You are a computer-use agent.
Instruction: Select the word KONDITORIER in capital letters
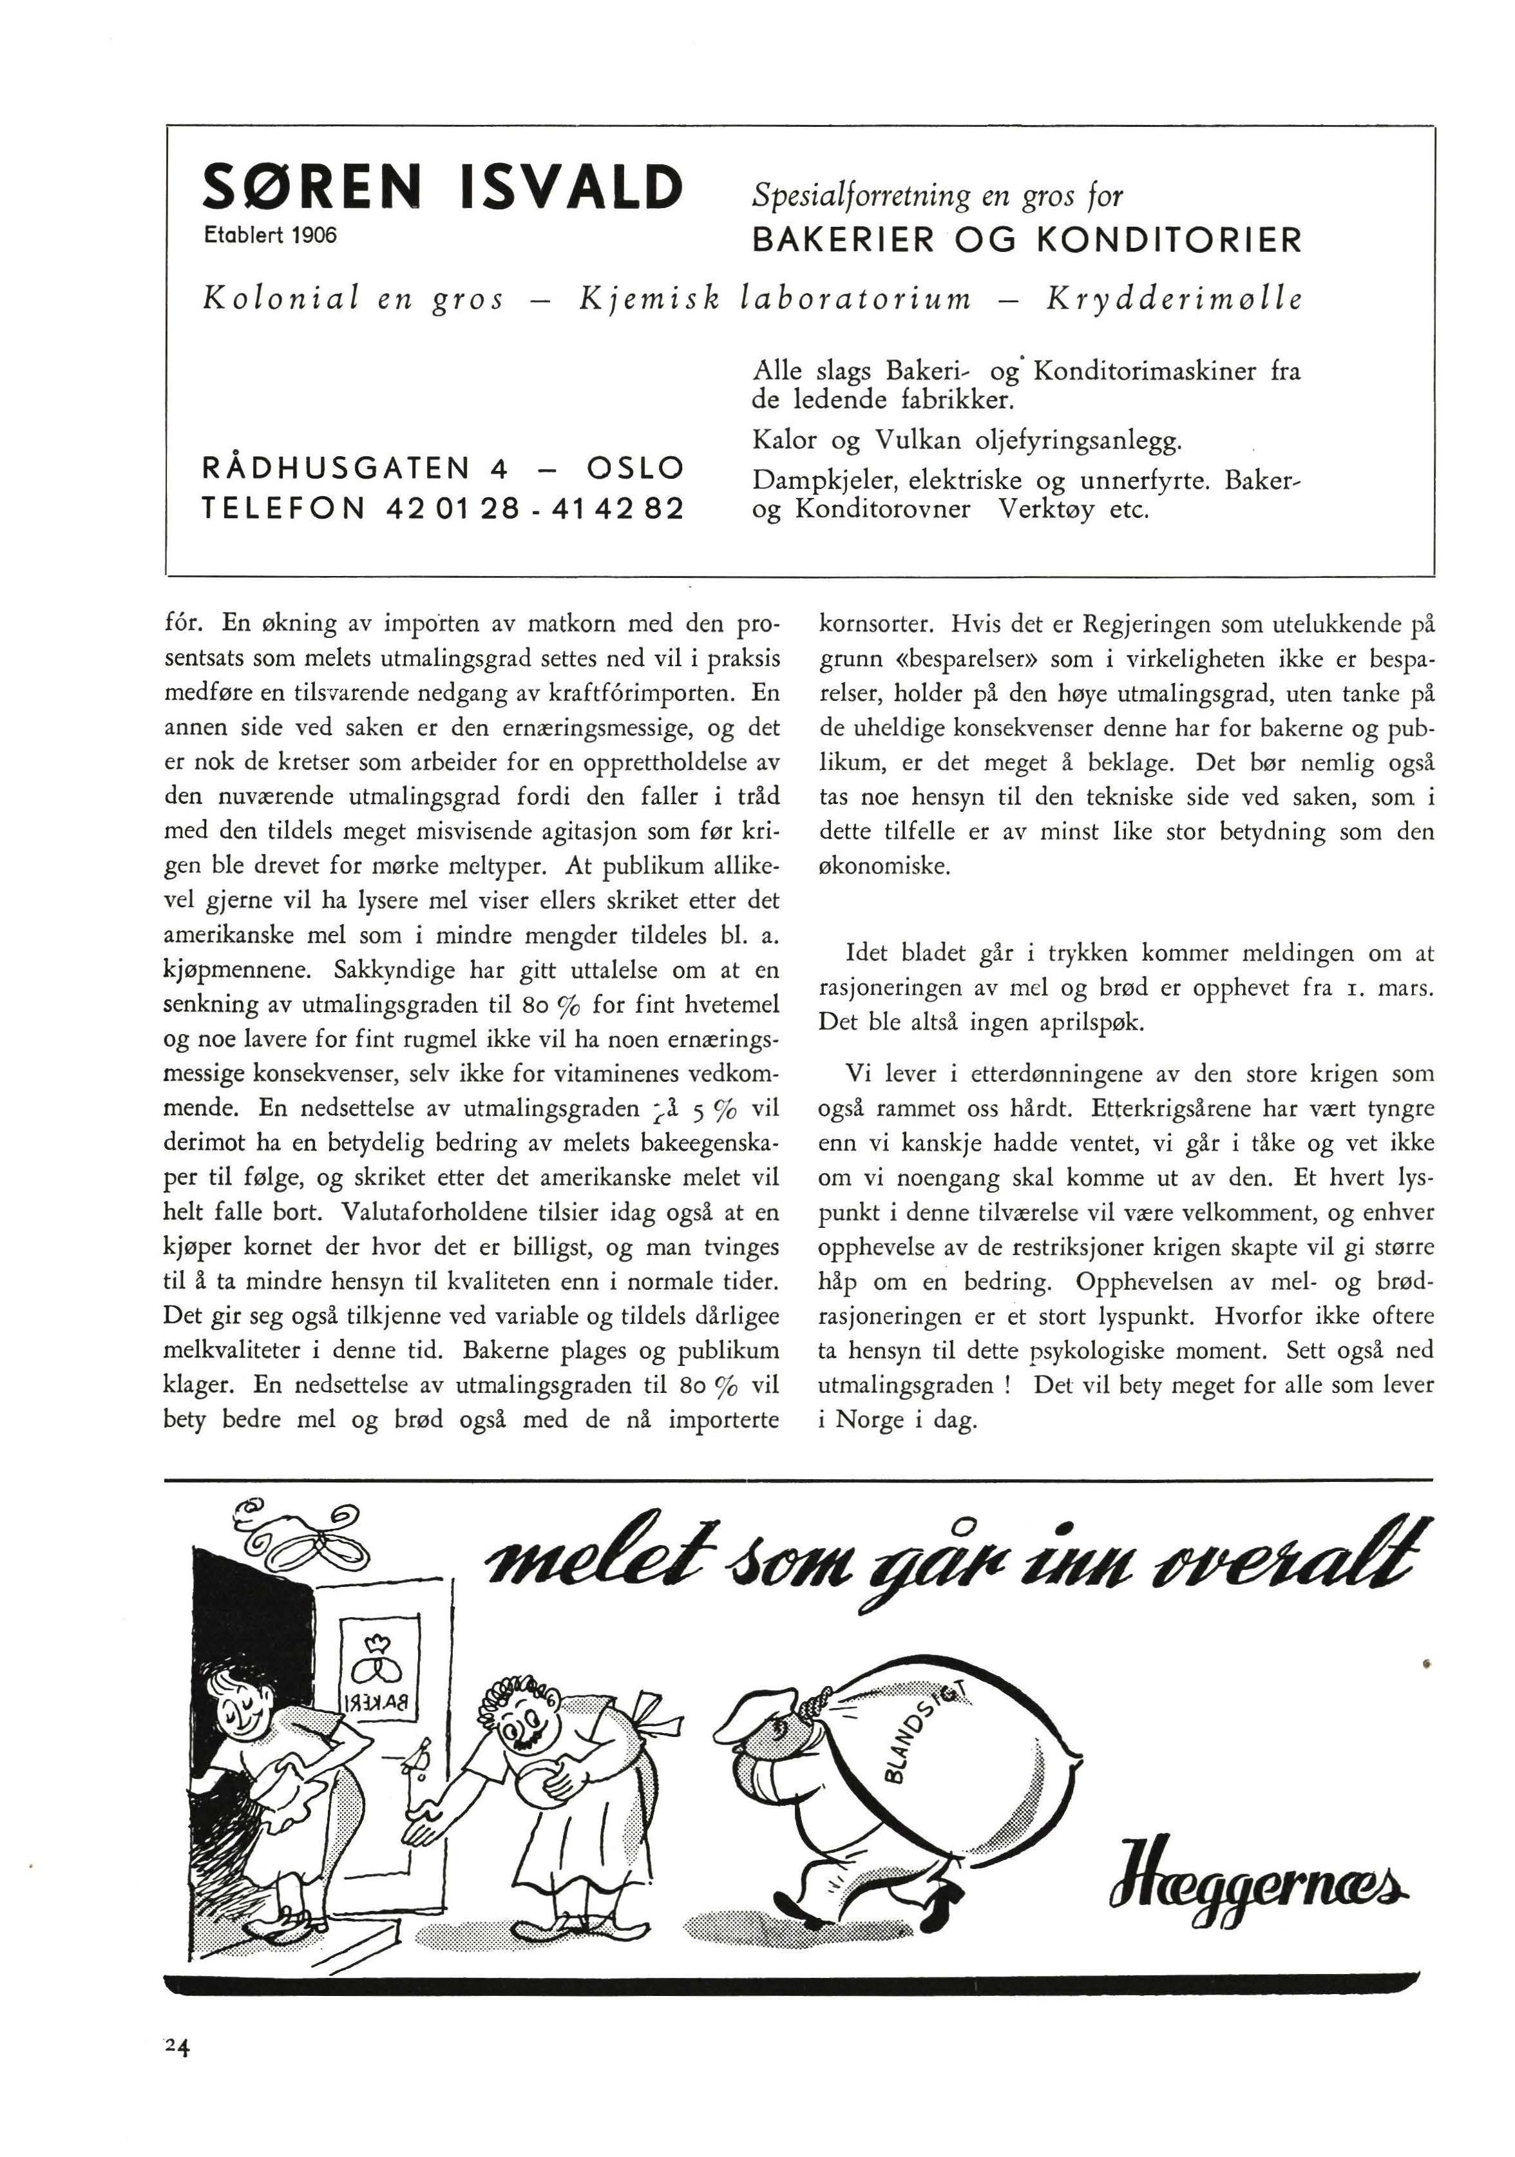(x=1168, y=240)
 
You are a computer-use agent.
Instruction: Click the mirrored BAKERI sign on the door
(x=372, y=1698)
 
